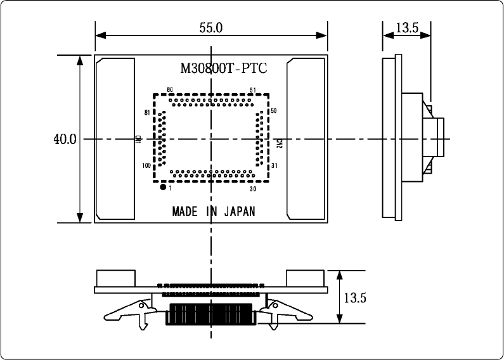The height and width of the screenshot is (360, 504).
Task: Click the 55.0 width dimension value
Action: tap(211, 28)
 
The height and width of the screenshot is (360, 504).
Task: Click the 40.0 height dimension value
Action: tap(65, 139)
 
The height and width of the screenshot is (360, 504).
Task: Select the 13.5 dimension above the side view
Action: tap(406, 28)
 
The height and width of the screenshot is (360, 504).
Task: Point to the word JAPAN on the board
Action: tap(240, 212)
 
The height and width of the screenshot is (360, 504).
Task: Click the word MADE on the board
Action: tap(184, 212)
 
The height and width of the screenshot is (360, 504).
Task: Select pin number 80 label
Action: tap(169, 90)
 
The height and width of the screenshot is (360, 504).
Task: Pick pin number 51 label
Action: tap(253, 90)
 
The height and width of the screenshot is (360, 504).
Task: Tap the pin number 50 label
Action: tap(274, 111)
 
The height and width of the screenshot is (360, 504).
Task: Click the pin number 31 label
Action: tap(274, 166)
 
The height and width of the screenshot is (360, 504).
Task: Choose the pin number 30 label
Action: tap(253, 188)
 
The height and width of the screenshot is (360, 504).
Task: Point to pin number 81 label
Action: tap(146, 113)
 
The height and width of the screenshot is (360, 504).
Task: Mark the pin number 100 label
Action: tap(146, 166)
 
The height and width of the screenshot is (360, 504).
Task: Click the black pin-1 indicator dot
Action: tap(163, 188)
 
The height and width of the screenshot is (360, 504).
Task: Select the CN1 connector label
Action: tap(138, 139)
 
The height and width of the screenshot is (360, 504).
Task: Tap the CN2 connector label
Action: tap(280, 143)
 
